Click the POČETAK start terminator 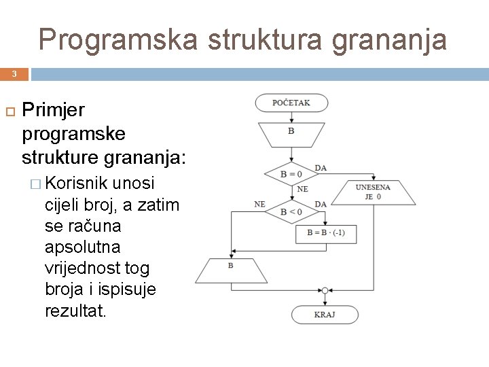[x=291, y=103]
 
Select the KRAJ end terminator [x=325, y=315]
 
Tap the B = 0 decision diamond [x=291, y=174]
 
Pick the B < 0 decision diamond [x=291, y=211]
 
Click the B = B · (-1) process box [x=326, y=232]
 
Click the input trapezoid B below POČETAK [x=291, y=134]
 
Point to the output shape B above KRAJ [x=231, y=270]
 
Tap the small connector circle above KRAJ [x=325, y=290]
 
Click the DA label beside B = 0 [x=321, y=168]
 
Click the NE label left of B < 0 [x=259, y=204]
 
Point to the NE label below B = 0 [x=302, y=189]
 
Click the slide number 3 [x=14, y=73]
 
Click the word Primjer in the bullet [x=54, y=110]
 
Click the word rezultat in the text [x=75, y=311]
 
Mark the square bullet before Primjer [x=9, y=110]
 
